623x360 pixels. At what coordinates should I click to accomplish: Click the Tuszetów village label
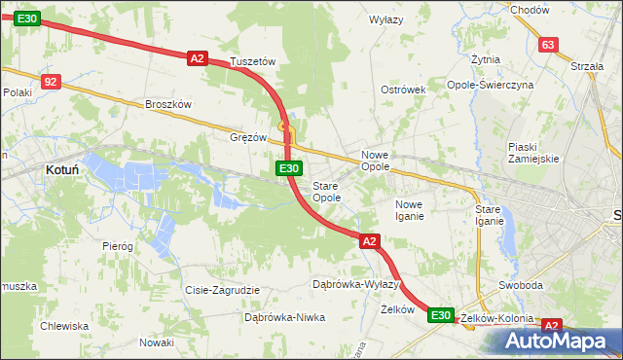(253, 61)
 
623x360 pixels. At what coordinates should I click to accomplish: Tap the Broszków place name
(168, 104)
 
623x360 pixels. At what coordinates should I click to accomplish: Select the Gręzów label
(247, 137)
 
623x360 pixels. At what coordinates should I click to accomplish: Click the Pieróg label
(117, 246)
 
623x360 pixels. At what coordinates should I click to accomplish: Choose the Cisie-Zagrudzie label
(222, 290)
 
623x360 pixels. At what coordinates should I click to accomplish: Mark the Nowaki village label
(156, 342)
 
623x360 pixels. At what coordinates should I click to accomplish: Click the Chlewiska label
(64, 326)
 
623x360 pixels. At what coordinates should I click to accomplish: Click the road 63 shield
(548, 45)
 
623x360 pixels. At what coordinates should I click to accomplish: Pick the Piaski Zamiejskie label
(532, 153)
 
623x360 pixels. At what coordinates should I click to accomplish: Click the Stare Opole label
(325, 192)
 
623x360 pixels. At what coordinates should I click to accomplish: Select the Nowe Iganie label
(409, 210)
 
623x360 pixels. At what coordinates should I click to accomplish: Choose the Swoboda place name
(520, 285)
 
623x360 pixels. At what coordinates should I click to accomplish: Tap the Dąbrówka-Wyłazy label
(355, 284)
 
